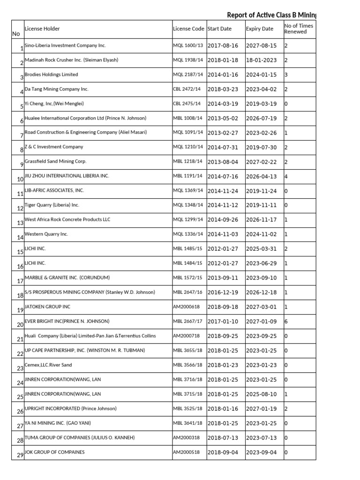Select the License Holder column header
tap(42, 29)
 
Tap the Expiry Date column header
tap(259, 29)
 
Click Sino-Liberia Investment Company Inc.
tap(65, 45)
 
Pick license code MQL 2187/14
tap(188, 75)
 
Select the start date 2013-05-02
tap(223, 119)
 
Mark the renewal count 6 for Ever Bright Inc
tap(286, 322)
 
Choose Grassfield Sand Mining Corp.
tap(55, 162)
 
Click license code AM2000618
tap(186, 307)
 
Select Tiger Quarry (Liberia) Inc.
tap(52, 205)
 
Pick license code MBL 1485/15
tap(187, 248)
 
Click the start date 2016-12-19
tap(223, 292)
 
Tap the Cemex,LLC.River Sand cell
tap(48, 365)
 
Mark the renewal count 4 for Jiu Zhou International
tap(286, 177)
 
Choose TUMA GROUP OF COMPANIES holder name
tap(79, 437)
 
